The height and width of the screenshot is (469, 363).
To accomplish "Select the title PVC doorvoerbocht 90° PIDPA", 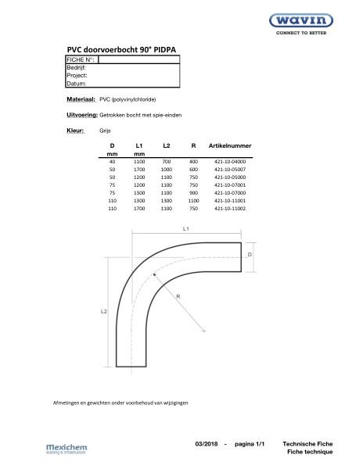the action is (x=121, y=49).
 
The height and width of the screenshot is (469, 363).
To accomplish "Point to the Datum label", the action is (x=77, y=83).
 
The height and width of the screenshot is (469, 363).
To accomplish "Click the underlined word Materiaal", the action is (x=81, y=100).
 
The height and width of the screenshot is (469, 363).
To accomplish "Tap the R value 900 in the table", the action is (x=194, y=193).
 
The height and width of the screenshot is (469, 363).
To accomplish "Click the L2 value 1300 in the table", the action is (x=166, y=201).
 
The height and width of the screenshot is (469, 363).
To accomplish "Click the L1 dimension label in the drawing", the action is (x=186, y=229).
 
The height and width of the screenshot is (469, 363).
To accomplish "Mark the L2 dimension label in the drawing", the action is (x=103, y=311).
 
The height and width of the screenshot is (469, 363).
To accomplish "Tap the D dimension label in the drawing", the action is (x=250, y=255).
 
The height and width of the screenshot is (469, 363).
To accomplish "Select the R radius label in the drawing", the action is (x=179, y=297).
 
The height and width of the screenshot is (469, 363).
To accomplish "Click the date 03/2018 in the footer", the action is (x=207, y=443).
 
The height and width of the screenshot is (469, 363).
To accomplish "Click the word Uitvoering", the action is (x=82, y=115).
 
